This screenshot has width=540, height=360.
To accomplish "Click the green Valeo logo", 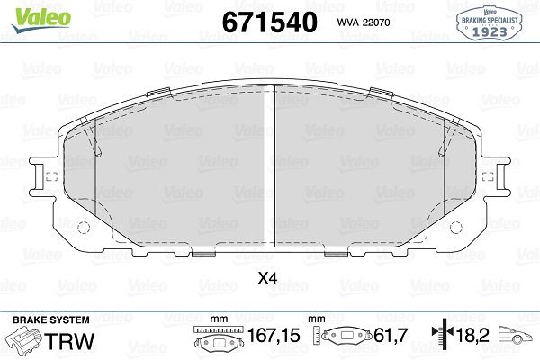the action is pyautogui.click(x=41, y=20).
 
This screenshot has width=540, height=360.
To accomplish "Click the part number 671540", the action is pyautogui.click(x=269, y=22).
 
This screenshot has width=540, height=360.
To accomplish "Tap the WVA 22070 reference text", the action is pyautogui.click(x=364, y=22).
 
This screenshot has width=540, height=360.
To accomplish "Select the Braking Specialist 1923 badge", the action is pyautogui.click(x=490, y=23).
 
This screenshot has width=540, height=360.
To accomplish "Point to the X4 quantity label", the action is pyautogui.click(x=267, y=278).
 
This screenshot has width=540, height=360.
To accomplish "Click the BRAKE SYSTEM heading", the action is pyautogui.click(x=51, y=320).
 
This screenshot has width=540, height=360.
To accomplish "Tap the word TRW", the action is pyautogui.click(x=70, y=341).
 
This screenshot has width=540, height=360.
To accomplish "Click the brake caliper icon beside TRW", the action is pyautogui.click(x=25, y=340).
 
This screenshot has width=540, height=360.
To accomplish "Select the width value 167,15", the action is pyautogui.click(x=274, y=335).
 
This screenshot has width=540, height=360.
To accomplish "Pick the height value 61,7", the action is pyautogui.click(x=391, y=335).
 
